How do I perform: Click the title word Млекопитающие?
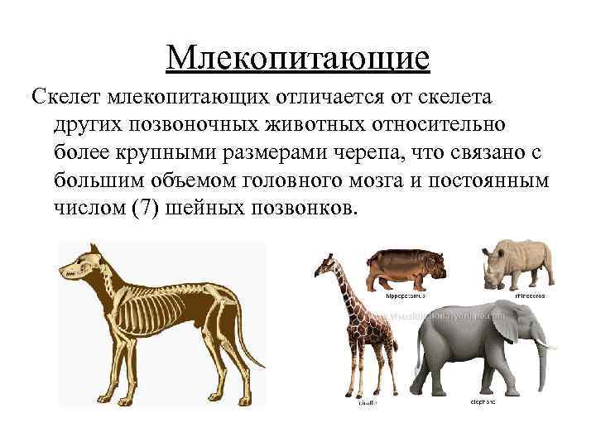[297, 57]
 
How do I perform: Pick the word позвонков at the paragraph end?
[302, 205]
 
